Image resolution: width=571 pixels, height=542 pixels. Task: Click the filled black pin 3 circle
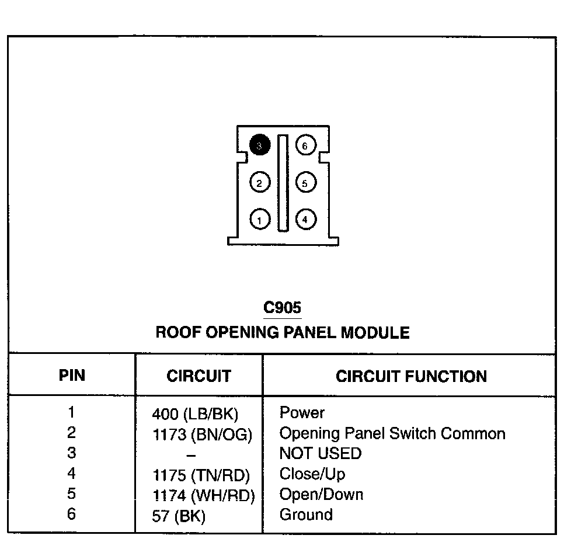tap(260, 145)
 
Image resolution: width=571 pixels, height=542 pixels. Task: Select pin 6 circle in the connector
tap(305, 145)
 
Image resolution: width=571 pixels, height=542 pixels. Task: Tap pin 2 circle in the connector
tap(260, 183)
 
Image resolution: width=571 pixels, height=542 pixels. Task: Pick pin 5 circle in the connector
tap(305, 183)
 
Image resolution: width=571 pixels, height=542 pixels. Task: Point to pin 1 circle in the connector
tap(260, 220)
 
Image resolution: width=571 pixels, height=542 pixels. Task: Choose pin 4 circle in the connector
tap(305, 220)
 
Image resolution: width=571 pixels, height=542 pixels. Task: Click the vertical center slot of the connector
tap(283, 182)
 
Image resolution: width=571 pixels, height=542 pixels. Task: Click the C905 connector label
tap(283, 307)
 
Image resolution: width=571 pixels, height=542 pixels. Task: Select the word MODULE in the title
tap(375, 333)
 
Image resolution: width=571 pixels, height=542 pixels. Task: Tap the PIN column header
tap(72, 375)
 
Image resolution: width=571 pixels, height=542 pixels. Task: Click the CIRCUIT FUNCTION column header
tap(411, 376)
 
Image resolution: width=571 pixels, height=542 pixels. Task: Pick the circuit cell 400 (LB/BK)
tap(195, 415)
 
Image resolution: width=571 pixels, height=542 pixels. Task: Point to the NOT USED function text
tap(321, 453)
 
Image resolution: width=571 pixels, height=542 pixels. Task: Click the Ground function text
tap(306, 515)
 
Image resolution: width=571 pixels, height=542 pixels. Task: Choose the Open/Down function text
tap(321, 495)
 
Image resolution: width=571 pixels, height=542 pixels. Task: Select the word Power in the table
tap(302, 413)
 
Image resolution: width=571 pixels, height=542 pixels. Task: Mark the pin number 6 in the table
tap(71, 514)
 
